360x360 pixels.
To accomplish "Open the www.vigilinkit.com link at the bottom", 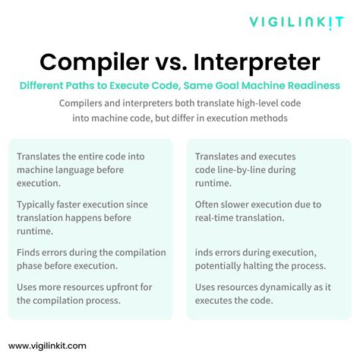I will click(47, 345).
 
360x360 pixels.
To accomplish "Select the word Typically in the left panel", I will click(39, 204).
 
